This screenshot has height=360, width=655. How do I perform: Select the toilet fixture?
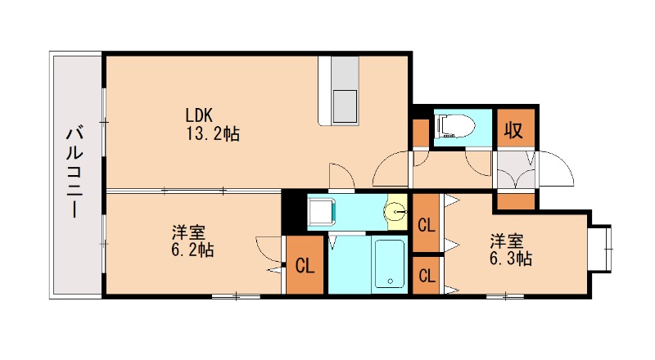coord(456,126)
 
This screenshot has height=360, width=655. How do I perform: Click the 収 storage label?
coord(513,130)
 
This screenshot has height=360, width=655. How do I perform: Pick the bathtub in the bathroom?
coord(390,263)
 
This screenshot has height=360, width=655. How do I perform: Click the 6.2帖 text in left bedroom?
coord(192,251)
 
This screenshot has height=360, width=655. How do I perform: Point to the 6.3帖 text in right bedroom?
coord(513,259)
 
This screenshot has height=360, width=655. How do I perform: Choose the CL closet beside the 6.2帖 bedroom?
coord(305,265)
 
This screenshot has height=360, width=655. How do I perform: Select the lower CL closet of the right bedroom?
coord(426,275)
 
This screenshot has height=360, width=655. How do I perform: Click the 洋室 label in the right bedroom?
coord(506,241)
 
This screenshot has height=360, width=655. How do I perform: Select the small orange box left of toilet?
coord(420,132)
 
